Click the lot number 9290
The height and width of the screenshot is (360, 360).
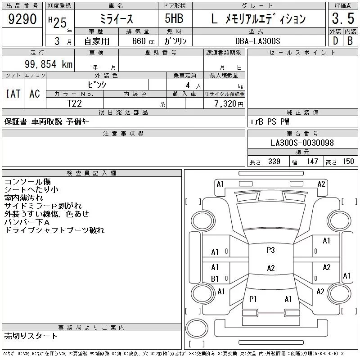tap(22, 19)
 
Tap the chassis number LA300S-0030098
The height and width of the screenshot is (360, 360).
tap(302, 143)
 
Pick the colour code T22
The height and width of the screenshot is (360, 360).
tap(74, 103)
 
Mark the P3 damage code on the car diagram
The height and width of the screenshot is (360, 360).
tap(270, 250)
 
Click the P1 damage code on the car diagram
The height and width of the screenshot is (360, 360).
tap(253, 299)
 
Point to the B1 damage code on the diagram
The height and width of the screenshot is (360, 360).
tap(215, 279)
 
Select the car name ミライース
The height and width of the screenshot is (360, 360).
tap(116, 19)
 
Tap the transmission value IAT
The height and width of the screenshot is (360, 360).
tap(13, 94)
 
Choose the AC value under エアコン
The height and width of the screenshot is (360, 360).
tap(35, 94)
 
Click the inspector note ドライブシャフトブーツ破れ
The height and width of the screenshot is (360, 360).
tap(54, 230)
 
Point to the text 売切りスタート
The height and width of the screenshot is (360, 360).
tap(31, 336)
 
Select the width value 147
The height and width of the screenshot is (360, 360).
tap(311, 162)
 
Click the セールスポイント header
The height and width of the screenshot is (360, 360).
tap(302, 53)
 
